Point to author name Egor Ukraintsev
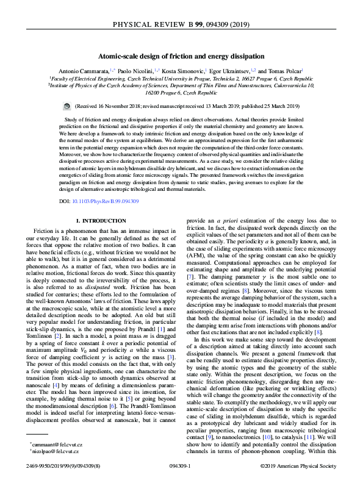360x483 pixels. click(229, 71)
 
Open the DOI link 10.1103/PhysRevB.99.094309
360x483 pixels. click(106, 200)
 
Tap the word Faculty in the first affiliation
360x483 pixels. click(63, 79)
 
